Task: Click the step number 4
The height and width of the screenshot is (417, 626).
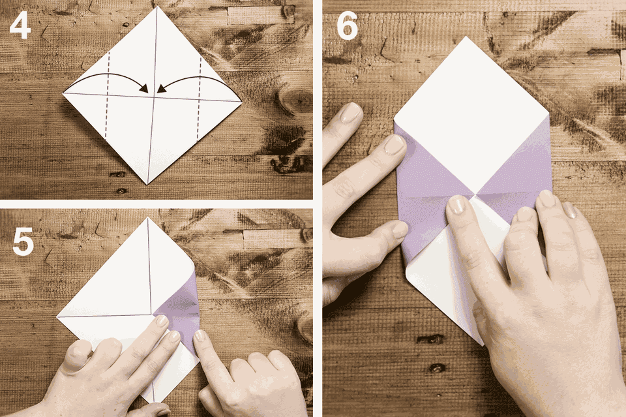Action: click(x=20, y=27)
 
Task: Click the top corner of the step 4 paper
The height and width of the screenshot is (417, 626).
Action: click(x=155, y=7)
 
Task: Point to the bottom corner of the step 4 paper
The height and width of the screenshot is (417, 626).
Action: click(x=148, y=184)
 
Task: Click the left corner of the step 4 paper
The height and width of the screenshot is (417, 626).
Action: click(x=63, y=93)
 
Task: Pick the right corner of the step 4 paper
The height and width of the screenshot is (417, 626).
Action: click(x=242, y=100)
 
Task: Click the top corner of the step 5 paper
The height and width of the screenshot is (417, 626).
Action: click(x=147, y=218)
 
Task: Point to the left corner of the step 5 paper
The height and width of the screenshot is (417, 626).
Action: click(x=57, y=316)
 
